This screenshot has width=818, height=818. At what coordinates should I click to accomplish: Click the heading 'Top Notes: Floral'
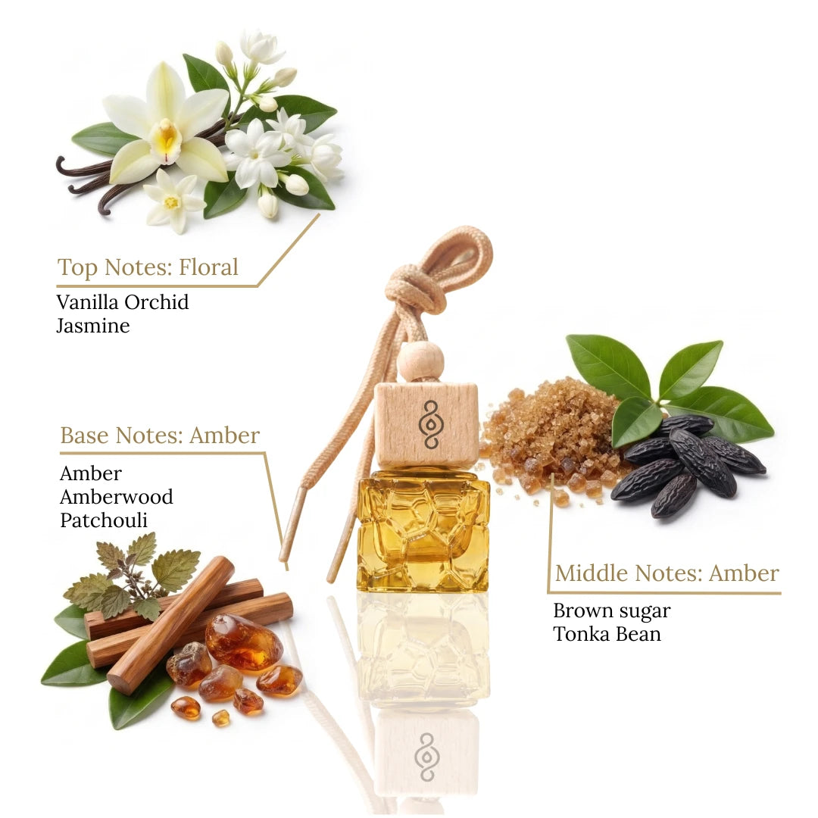(148, 267)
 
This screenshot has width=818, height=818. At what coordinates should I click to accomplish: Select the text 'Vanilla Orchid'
(123, 302)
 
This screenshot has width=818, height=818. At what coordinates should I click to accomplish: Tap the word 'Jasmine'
(93, 326)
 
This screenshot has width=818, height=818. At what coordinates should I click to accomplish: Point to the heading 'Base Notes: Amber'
(160, 435)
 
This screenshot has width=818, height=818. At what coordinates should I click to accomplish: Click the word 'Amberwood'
(117, 497)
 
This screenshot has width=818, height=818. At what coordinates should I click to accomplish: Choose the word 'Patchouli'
(104, 520)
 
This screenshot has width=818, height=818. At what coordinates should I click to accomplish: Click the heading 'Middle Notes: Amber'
(667, 573)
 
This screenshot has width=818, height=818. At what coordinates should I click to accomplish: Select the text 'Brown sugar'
(612, 611)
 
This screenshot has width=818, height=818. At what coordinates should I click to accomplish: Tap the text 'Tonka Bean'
(607, 634)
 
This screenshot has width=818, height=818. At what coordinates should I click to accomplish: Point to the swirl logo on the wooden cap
(431, 424)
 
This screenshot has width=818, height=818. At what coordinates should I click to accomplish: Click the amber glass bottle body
(423, 530)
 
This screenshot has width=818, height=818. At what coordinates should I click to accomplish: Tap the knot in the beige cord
(416, 289)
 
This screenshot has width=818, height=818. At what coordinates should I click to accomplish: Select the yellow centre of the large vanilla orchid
(167, 136)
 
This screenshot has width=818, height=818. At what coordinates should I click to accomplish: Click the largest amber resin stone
(244, 643)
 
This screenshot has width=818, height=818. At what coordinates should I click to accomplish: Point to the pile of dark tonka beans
(688, 464)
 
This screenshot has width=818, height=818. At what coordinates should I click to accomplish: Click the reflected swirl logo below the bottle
(426, 757)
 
